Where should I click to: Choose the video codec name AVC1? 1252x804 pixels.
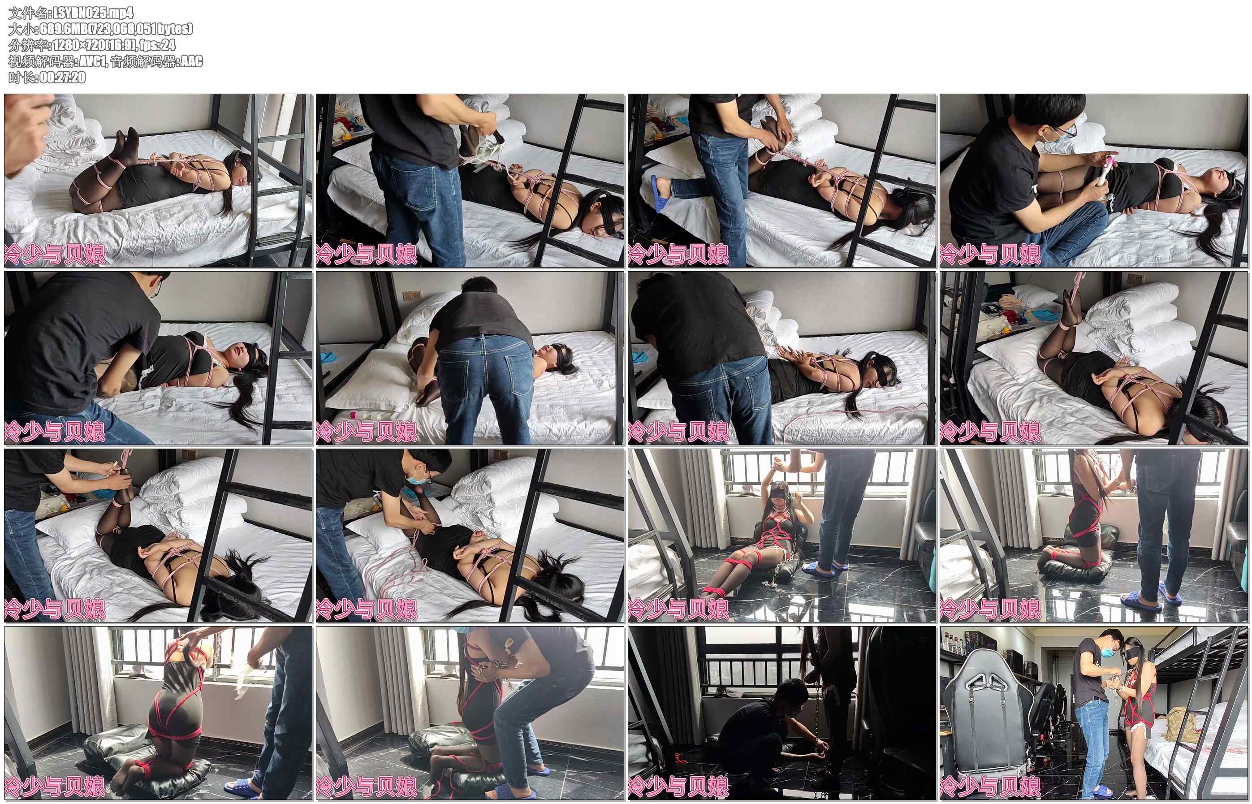[92, 61]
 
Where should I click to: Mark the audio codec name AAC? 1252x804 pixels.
[191, 61]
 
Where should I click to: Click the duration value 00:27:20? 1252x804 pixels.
[63, 77]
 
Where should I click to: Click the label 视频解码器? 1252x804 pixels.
[41, 61]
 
